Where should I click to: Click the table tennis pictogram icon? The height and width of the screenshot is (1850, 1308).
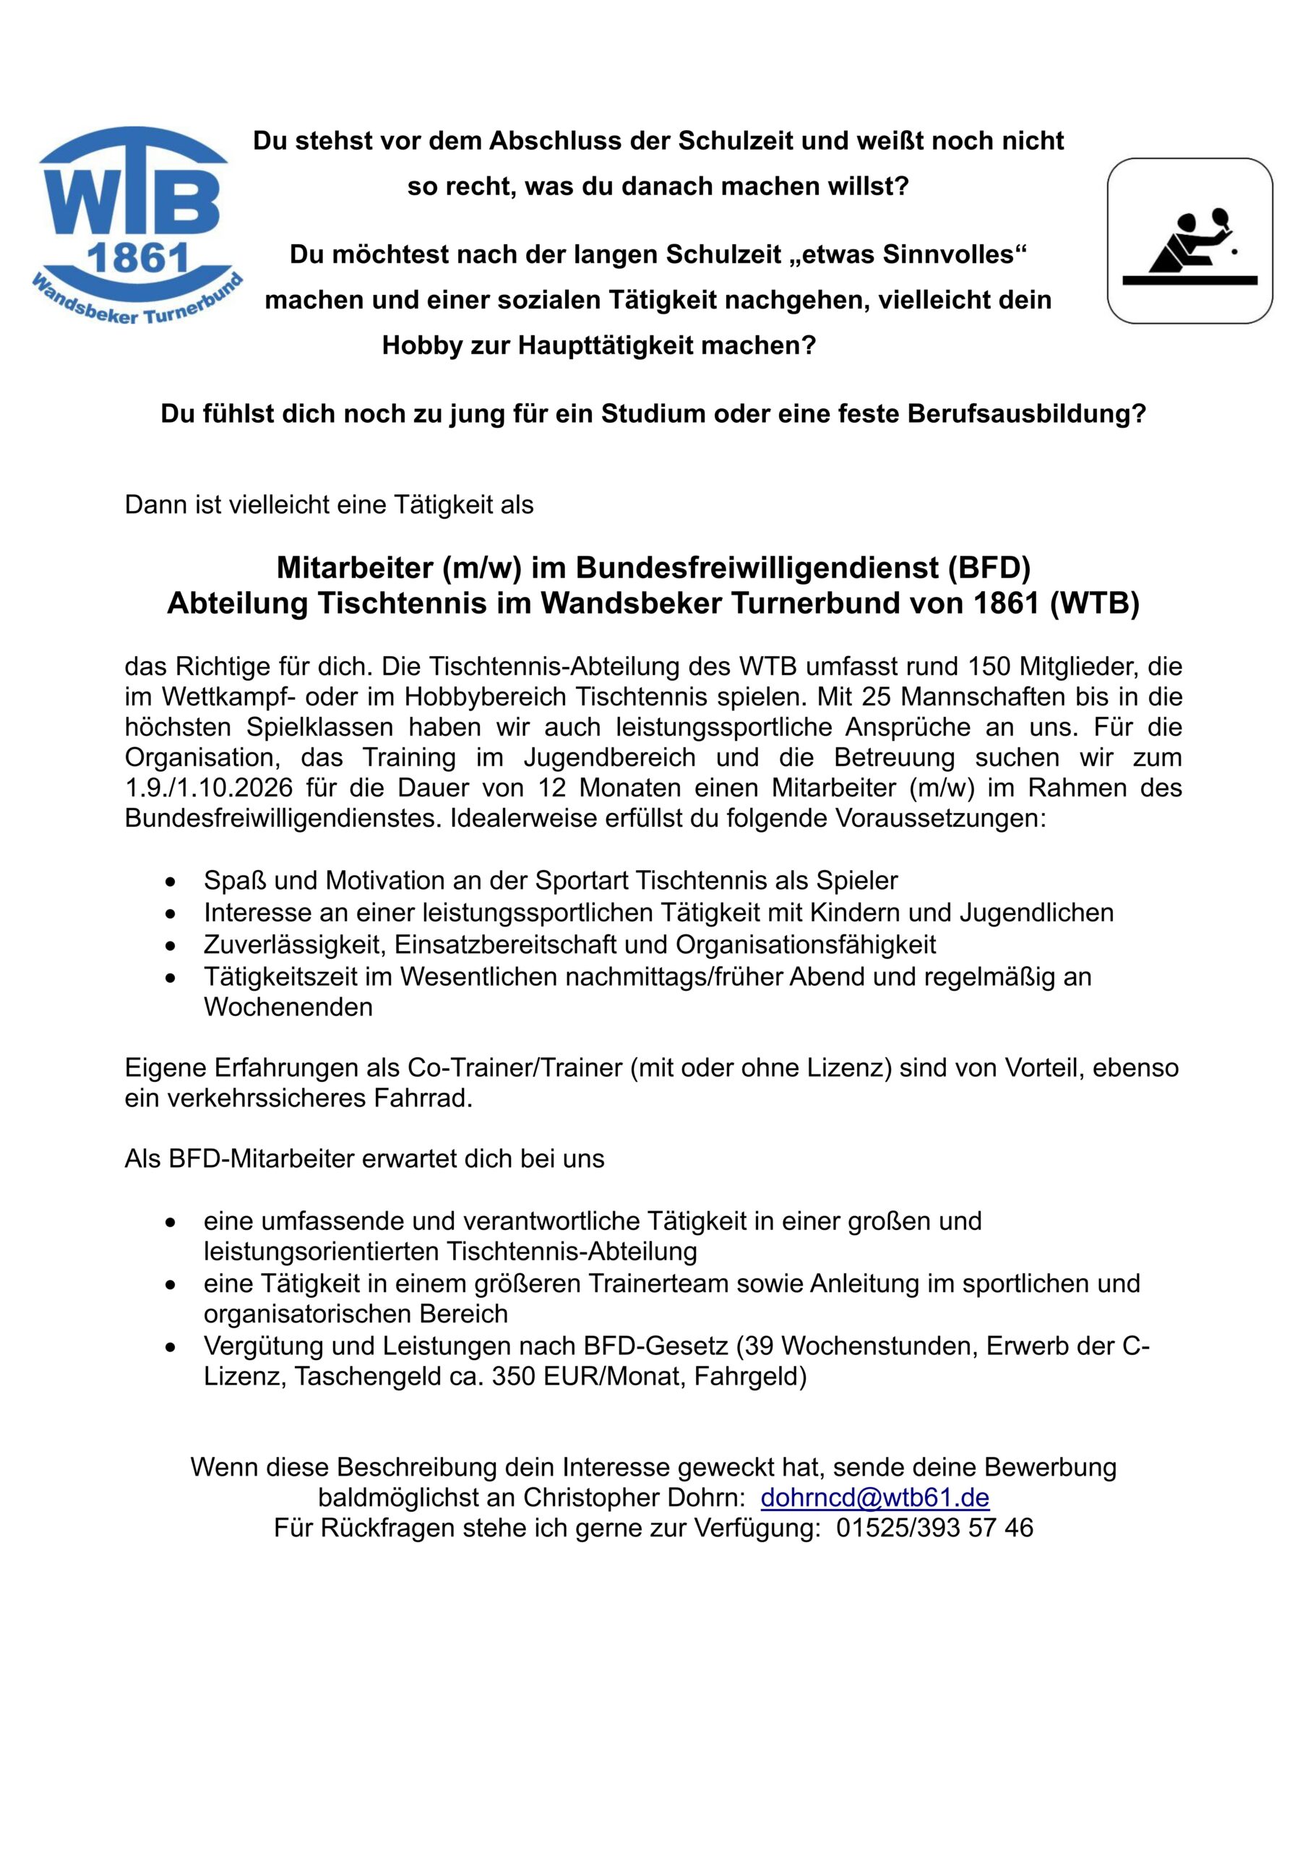click(x=1189, y=241)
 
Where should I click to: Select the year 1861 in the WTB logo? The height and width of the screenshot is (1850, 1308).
click(x=137, y=259)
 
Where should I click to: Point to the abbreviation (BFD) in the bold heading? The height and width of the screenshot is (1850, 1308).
click(x=989, y=568)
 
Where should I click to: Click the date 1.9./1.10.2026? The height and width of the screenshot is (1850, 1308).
click(x=209, y=788)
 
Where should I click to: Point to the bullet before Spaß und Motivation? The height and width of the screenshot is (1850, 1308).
click(x=170, y=882)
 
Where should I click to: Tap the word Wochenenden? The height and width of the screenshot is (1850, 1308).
click(x=288, y=1007)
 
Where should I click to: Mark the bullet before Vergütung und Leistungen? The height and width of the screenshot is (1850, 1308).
click(x=170, y=1347)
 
